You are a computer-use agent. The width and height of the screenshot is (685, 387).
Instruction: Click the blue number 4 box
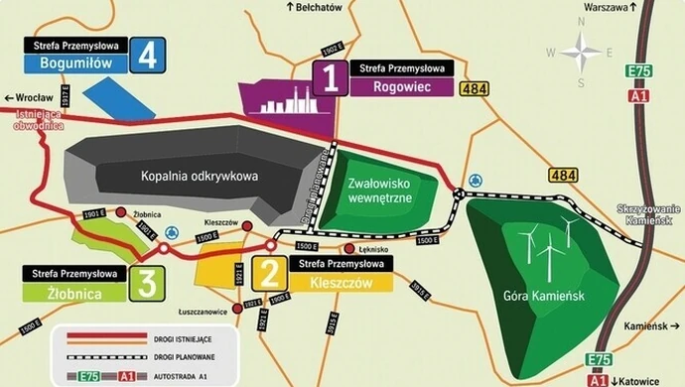point(148,56)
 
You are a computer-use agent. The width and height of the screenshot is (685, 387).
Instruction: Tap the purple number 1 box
point(329,77)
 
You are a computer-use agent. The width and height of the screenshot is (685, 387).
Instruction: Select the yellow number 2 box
point(266,272)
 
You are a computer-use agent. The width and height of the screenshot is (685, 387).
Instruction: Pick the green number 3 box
point(147,283)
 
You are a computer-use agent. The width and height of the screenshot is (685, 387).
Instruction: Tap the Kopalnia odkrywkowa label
point(200,176)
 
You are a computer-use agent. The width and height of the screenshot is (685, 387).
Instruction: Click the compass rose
point(581,51)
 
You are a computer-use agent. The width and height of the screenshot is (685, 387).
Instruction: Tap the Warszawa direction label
point(607,7)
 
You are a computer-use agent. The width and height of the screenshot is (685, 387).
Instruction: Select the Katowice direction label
point(646,380)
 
